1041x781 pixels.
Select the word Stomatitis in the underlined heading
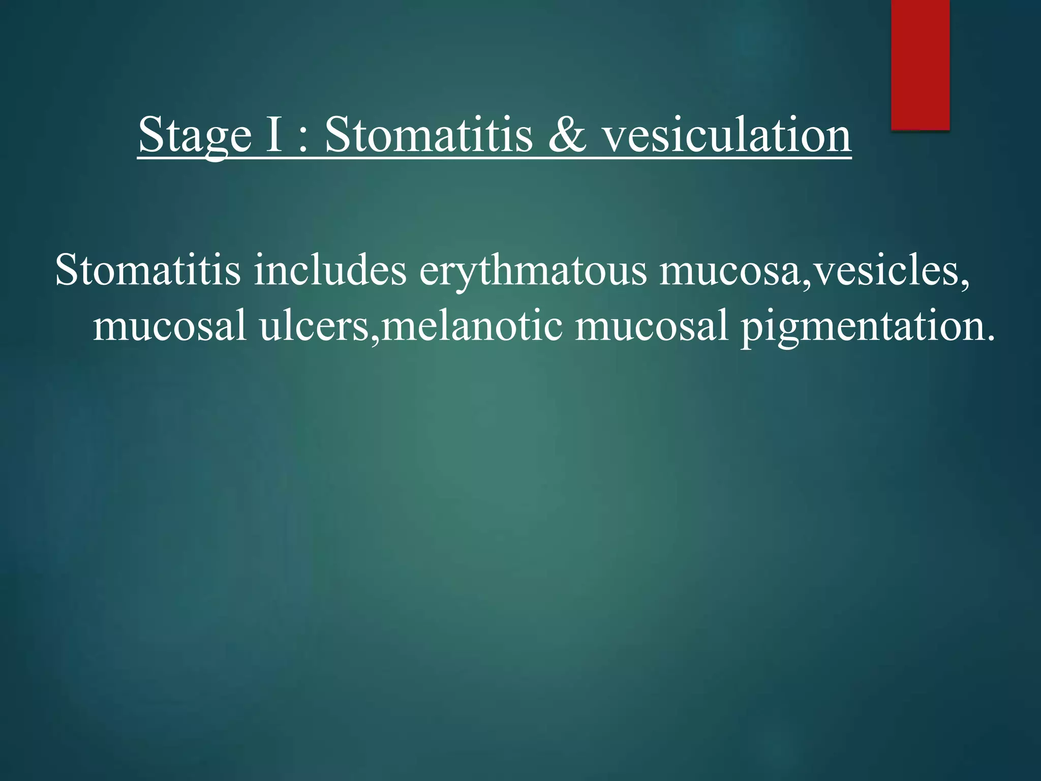tap(428, 135)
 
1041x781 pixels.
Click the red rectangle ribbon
tap(920, 64)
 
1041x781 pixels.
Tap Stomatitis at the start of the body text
tap(148, 270)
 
